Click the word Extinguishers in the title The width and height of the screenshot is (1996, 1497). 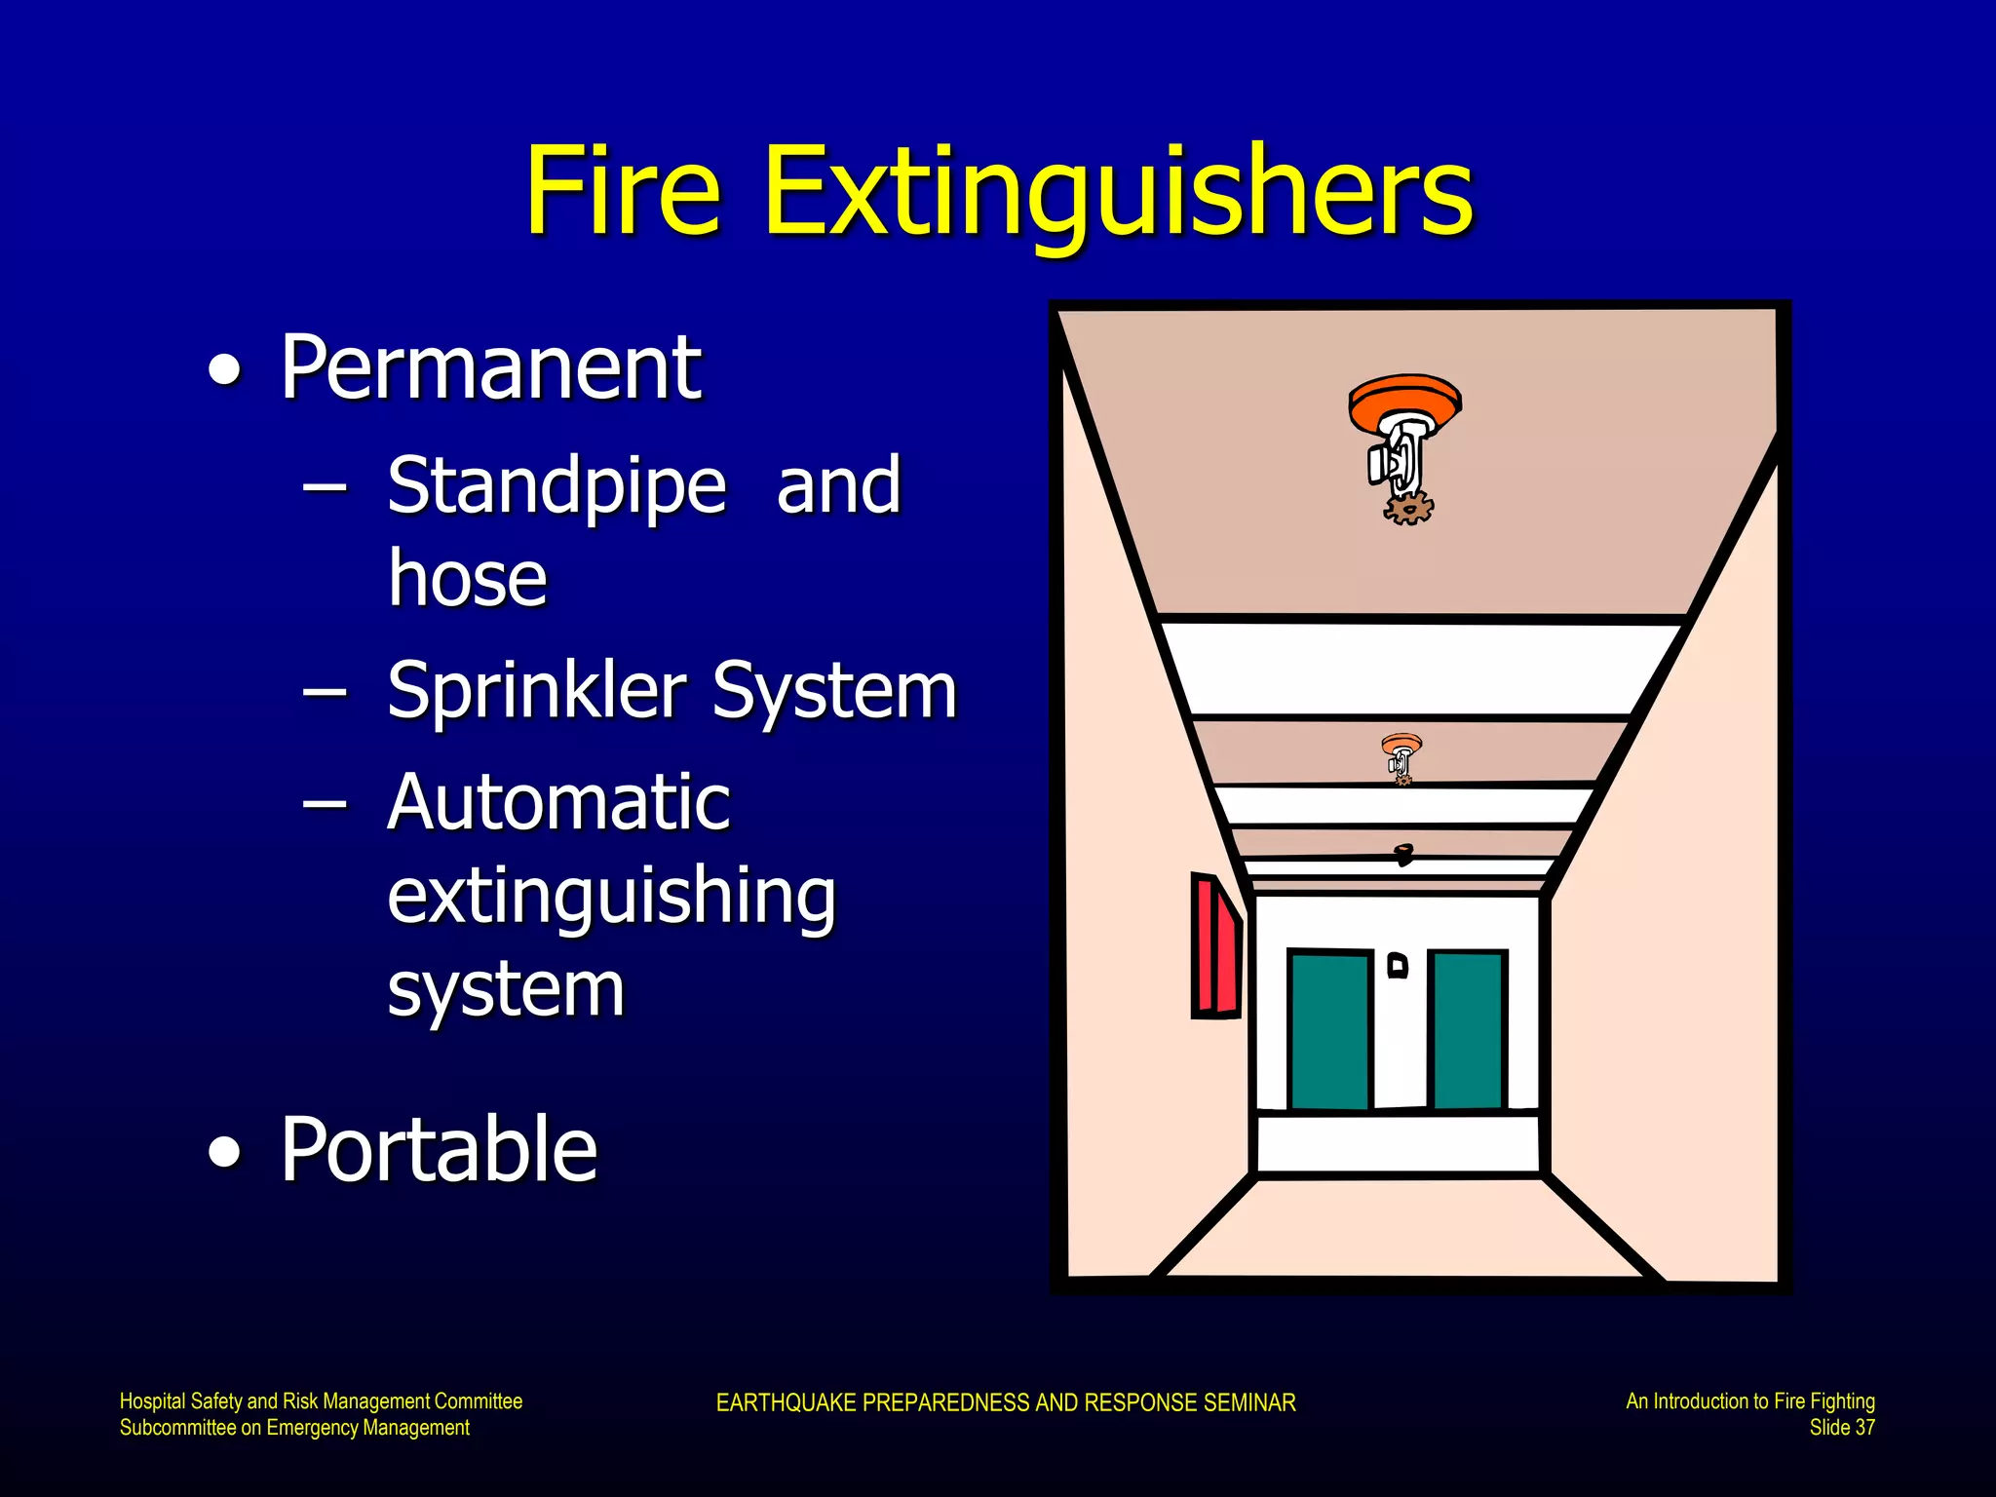(x=1118, y=193)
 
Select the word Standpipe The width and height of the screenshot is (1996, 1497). (x=557, y=486)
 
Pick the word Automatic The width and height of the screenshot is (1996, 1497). (x=558, y=802)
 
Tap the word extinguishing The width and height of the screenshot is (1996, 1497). (x=611, y=897)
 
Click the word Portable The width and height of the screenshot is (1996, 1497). (x=439, y=1150)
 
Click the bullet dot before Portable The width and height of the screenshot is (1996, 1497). (x=225, y=1151)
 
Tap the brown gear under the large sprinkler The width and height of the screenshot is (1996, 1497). (x=1408, y=508)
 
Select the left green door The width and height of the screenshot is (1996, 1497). (x=1330, y=1029)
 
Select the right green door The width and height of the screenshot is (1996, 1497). (x=1468, y=1029)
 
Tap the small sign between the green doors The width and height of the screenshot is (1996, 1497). (x=1398, y=965)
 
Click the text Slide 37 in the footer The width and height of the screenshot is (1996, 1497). (x=1841, y=1428)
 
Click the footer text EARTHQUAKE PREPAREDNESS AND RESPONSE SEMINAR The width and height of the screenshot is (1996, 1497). (x=1005, y=1402)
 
